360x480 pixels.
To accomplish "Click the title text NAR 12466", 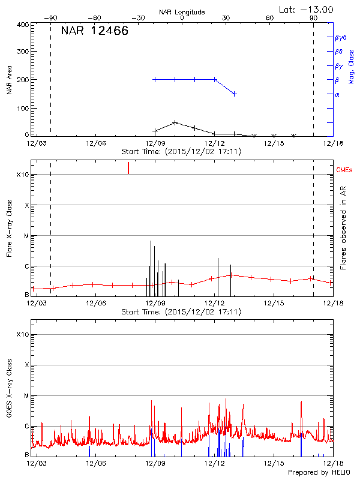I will point(94,32).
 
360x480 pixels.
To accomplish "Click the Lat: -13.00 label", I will point(307,9).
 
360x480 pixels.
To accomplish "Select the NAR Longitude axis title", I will point(182,12).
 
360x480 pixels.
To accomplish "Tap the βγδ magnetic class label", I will point(341,37).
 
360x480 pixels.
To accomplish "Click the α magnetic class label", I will point(337,95).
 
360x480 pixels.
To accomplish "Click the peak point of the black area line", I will point(175,122).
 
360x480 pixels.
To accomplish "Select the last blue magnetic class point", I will point(234,94).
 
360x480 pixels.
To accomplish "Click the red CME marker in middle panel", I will point(128,168).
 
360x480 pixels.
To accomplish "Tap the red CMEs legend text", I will point(345,170).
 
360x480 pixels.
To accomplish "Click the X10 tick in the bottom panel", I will point(22,334).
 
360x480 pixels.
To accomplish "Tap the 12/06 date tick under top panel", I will point(95,143).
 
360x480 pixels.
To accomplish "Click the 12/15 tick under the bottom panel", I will point(273,464).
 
